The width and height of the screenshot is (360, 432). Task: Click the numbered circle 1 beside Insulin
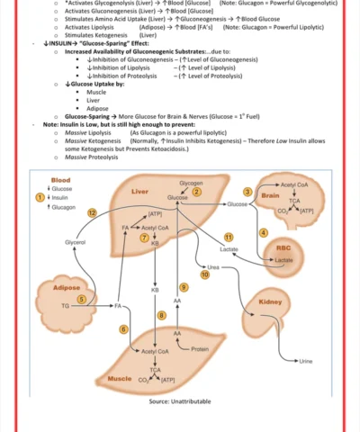(x=39, y=197)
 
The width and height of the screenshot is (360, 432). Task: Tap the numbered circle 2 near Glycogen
(x=196, y=191)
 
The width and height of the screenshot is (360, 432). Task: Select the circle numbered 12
(x=92, y=212)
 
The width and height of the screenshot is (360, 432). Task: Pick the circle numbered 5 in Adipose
(x=81, y=300)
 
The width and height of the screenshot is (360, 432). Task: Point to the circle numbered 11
(x=229, y=236)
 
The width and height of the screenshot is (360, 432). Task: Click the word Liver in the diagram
(x=139, y=192)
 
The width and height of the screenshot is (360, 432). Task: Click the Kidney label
(x=270, y=302)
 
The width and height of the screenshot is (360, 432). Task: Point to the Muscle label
(x=121, y=379)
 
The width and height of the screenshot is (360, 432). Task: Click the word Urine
(x=306, y=361)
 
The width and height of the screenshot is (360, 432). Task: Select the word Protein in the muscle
(x=201, y=348)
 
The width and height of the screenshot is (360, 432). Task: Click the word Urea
(x=213, y=267)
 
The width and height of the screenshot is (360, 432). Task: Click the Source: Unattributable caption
(x=180, y=400)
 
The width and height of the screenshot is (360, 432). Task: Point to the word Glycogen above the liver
(x=191, y=182)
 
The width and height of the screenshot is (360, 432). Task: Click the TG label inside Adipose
(x=64, y=306)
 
